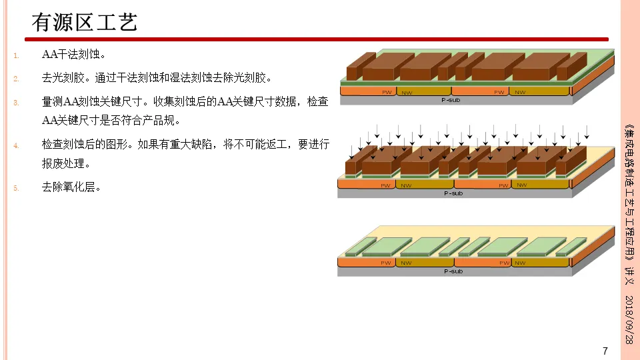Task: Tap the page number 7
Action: pyautogui.click(x=605, y=351)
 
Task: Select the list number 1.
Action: pyautogui.click(x=16, y=55)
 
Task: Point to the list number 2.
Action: pyautogui.click(x=16, y=79)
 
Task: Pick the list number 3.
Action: pyautogui.click(x=16, y=103)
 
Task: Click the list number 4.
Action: pyautogui.click(x=16, y=145)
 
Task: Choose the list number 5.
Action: pyautogui.click(x=16, y=187)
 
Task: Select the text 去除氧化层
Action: pyautogui.click(x=71, y=187)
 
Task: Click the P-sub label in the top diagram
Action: pyautogui.click(x=451, y=100)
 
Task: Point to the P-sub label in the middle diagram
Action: pyautogui.click(x=453, y=193)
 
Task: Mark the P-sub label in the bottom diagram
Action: pyautogui.click(x=453, y=271)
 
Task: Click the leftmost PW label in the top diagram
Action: pyautogui.click(x=386, y=92)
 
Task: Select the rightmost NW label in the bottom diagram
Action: pyautogui.click(x=521, y=263)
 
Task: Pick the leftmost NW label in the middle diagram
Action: pyautogui.click(x=406, y=185)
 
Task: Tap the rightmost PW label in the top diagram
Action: pyautogui.click(x=499, y=92)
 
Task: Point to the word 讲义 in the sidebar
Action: pyautogui.click(x=629, y=275)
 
